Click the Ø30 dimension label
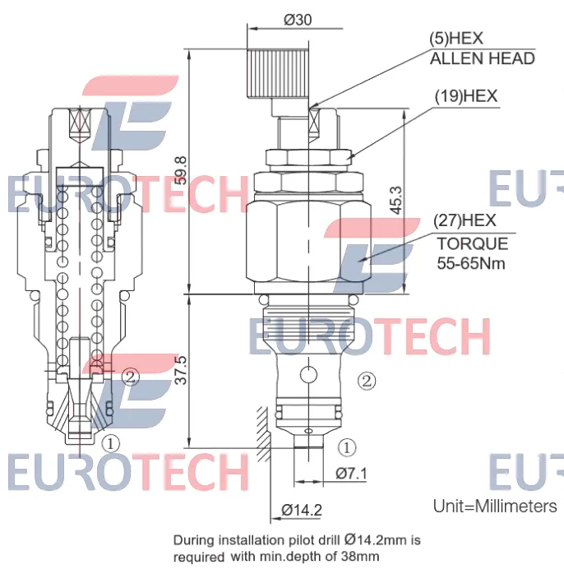[x=298, y=20]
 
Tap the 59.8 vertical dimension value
[x=181, y=170]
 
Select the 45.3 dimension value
[x=396, y=200]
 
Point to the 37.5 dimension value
[x=181, y=370]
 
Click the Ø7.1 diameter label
[x=351, y=474]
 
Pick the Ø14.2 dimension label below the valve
[x=302, y=510]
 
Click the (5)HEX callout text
[x=456, y=39]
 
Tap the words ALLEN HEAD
[x=483, y=58]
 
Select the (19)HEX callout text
[x=466, y=96]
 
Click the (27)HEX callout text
[x=465, y=220]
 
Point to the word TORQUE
[x=473, y=243]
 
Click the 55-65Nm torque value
[x=471, y=263]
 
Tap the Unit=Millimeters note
[x=495, y=507]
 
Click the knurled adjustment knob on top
[x=278, y=73]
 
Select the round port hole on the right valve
[x=308, y=374]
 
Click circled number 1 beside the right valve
[x=347, y=447]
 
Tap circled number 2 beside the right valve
[x=367, y=381]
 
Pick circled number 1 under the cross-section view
[x=110, y=444]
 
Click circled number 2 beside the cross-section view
[x=131, y=377]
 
